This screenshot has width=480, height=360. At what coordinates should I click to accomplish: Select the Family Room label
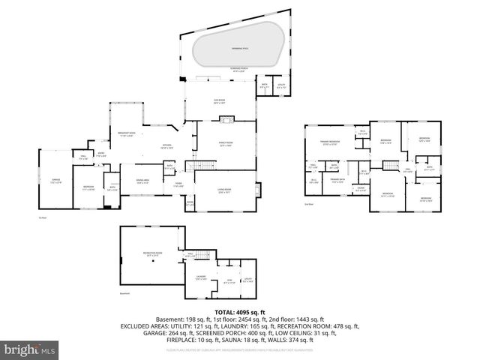(x=226, y=144)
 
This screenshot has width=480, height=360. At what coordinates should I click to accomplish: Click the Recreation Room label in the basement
(x=153, y=253)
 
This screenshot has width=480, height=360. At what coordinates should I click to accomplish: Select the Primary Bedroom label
(x=330, y=142)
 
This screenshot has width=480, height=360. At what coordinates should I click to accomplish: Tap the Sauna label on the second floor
(x=361, y=190)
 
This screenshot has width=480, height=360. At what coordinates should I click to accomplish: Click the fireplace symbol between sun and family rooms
(x=229, y=118)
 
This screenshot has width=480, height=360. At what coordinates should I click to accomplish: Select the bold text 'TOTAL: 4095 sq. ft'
(x=239, y=311)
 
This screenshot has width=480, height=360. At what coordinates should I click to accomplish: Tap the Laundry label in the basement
(x=201, y=279)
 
